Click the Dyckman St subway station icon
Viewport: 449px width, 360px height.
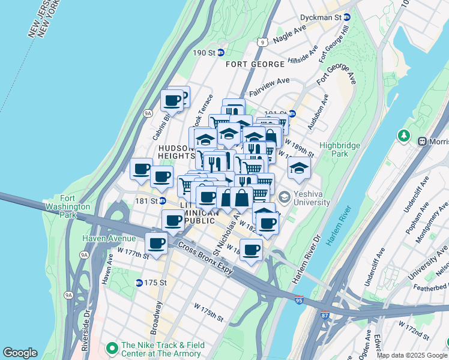pyautogui.click(x=347, y=16)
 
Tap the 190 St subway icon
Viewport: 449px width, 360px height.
pyautogui.click(x=220, y=53)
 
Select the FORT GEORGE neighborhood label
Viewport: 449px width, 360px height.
pyautogui.click(x=255, y=64)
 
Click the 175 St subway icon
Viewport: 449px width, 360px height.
pyautogui.click(x=139, y=283)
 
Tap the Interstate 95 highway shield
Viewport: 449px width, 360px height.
pyautogui.click(x=299, y=299)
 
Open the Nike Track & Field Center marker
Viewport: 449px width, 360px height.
pyautogui.click(x=111, y=349)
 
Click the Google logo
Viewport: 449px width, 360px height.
pyautogui.click(x=20, y=353)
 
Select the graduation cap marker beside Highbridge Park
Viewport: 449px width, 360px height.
pyautogui.click(x=299, y=168)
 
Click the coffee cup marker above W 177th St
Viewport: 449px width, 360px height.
pyautogui.click(x=156, y=243)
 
